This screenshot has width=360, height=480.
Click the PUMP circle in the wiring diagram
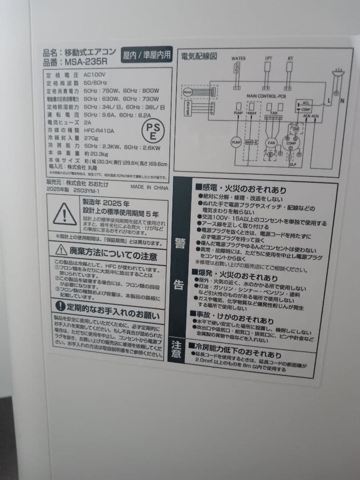(x=236, y=143)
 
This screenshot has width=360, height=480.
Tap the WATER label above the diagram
(x=238, y=58)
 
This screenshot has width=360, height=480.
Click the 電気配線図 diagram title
(x=199, y=56)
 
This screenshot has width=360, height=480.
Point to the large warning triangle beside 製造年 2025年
(x=65, y=215)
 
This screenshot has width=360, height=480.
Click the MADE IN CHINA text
(x=149, y=187)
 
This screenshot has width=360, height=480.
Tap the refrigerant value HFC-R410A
(x=99, y=131)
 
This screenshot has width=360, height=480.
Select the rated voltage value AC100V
(x=94, y=75)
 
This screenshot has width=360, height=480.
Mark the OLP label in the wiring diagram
(x=292, y=164)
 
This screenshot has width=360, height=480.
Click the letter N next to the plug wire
(x=342, y=101)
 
